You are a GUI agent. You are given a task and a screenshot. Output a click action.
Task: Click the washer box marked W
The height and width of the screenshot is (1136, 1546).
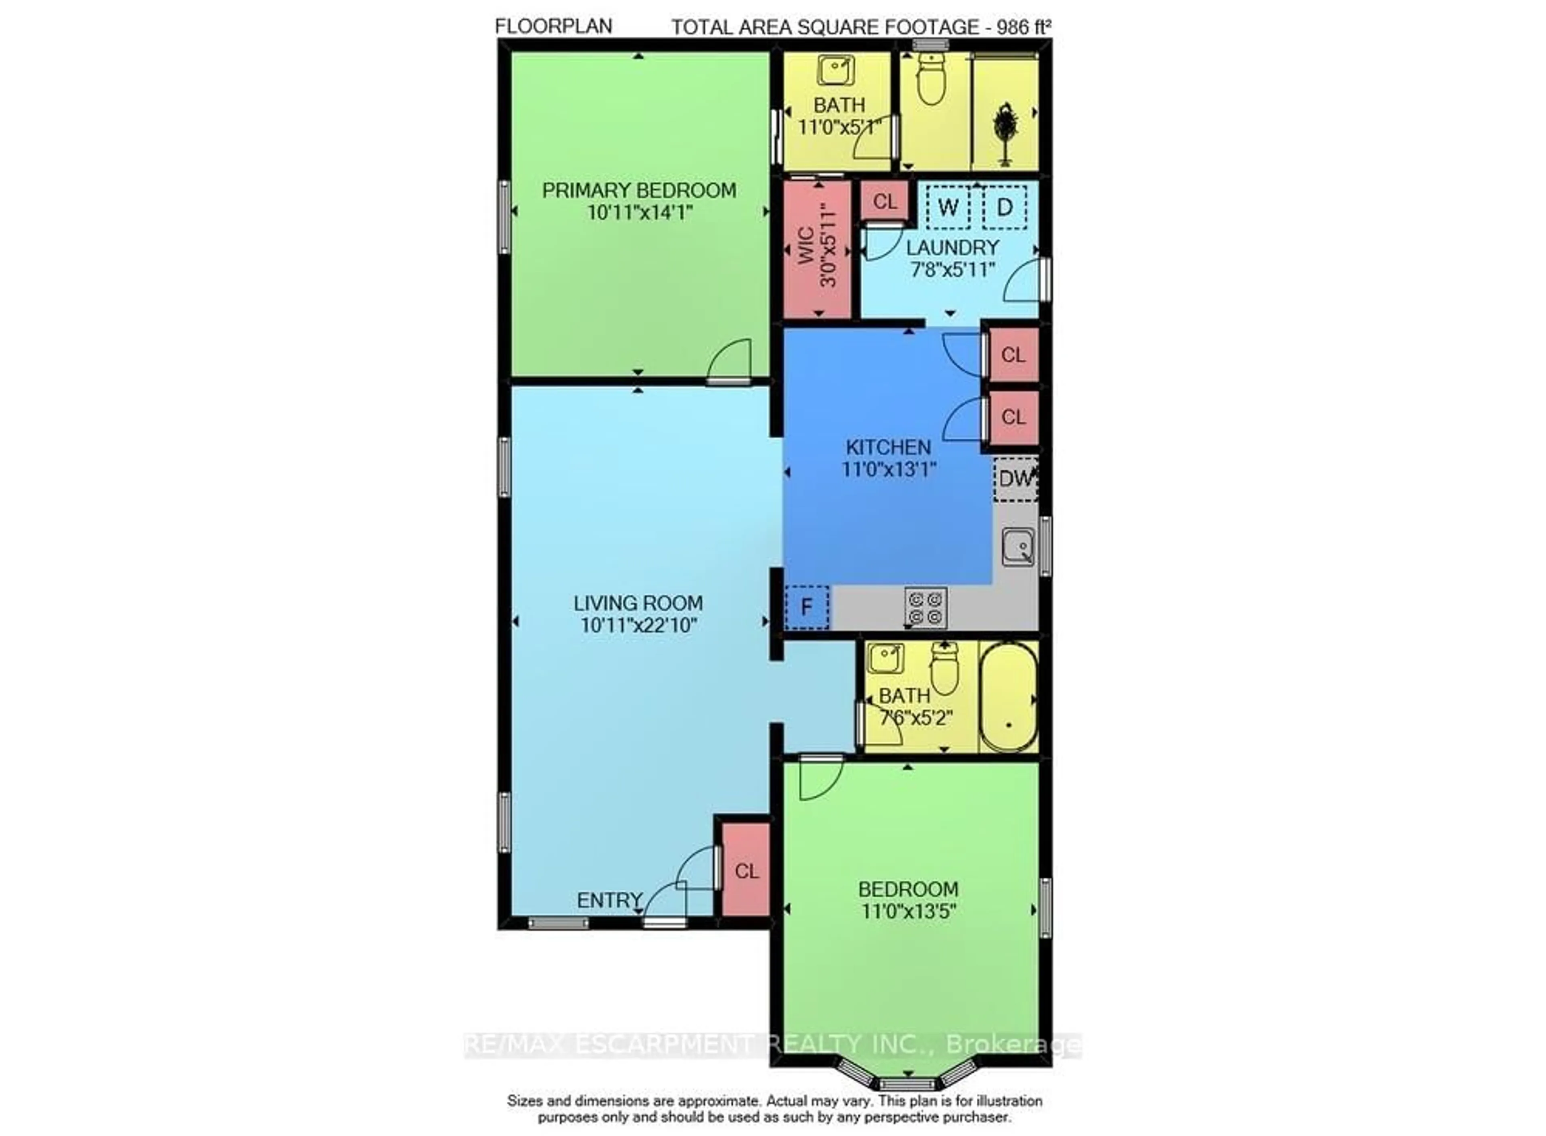[948, 207]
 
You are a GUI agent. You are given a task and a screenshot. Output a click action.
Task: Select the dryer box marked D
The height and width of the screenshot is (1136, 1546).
[1004, 207]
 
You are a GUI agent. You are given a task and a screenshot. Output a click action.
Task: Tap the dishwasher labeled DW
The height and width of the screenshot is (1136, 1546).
[1015, 479]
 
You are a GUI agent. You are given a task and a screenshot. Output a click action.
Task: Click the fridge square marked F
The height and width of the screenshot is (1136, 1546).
[807, 607]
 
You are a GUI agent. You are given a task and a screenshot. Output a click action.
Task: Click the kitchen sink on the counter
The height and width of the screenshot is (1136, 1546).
[1017, 547]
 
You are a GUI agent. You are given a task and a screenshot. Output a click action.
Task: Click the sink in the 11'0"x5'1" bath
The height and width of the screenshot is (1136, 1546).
[835, 70]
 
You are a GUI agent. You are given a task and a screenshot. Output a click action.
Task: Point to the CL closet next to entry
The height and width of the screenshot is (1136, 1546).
[746, 871]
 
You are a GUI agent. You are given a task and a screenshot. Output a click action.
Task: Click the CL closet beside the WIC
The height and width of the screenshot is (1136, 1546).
[885, 202]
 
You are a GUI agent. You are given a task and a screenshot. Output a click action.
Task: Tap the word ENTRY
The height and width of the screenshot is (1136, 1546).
[609, 900]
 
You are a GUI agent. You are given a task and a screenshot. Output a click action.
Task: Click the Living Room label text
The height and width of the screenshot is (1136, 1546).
[638, 603]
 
